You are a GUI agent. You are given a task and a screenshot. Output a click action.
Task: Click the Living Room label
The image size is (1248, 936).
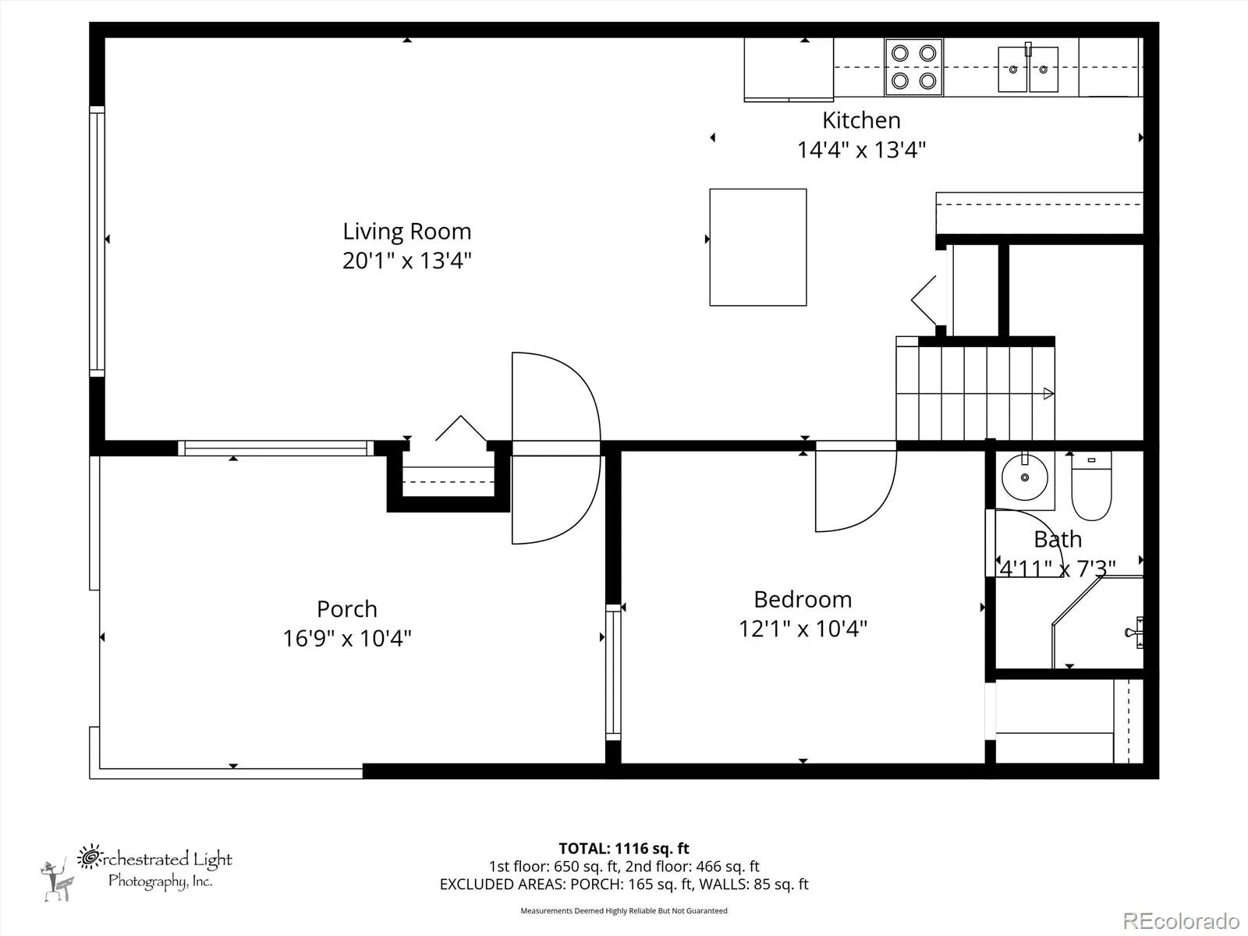(x=406, y=232)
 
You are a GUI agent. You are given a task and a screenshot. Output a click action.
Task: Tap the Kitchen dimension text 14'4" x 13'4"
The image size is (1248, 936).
(x=861, y=150)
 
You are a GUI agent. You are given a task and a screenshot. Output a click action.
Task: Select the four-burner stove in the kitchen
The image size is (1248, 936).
(x=913, y=67)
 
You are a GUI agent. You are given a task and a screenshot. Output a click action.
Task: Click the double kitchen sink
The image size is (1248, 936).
(x=1028, y=68)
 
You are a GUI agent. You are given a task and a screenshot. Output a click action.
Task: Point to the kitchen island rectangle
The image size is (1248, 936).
(x=758, y=247)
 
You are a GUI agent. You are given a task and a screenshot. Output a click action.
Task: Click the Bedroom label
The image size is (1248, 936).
(x=803, y=600)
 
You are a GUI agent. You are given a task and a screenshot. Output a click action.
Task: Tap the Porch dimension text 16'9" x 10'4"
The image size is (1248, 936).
(x=347, y=638)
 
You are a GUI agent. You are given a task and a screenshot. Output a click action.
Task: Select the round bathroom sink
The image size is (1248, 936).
(x=1025, y=478)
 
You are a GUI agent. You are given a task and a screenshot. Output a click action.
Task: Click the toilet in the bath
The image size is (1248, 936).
(x=1091, y=486)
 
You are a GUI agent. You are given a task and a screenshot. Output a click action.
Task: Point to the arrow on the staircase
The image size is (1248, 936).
(x=1048, y=393)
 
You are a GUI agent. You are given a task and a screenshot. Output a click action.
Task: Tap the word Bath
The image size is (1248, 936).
(x=1058, y=539)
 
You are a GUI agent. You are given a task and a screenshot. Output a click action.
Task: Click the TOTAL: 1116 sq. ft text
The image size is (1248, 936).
(x=624, y=849)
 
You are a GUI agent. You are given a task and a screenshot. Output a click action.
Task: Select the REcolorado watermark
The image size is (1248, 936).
(x=1181, y=920)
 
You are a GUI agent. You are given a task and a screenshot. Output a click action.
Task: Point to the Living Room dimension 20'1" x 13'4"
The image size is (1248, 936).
(x=406, y=261)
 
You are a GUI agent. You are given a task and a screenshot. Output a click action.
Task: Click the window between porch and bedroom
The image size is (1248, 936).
(x=613, y=672)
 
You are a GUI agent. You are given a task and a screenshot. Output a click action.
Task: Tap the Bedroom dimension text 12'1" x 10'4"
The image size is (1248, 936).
(x=803, y=629)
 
